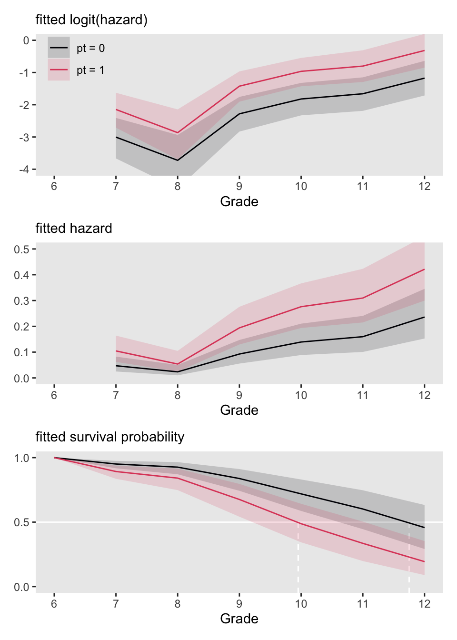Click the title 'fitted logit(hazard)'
pos(91,20)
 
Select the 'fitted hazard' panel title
pos(74,229)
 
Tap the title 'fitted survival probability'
pos(110,437)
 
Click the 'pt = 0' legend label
pos(90,48)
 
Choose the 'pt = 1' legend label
pos(90,70)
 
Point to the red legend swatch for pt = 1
pos(59,70)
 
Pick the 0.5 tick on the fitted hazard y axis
pos(21,249)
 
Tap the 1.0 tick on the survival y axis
pos(21,458)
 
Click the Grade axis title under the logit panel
pos(239,202)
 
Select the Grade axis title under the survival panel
pos(239,619)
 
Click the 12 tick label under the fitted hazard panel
pos(424,395)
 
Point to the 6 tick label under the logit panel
pos(54,187)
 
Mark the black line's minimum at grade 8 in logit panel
pos(178,160)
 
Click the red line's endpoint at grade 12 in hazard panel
pos(424,270)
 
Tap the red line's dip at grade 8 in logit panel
pos(178,133)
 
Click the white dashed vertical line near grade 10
pos(298,557)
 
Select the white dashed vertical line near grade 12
pos(409,557)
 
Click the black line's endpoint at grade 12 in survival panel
pos(424,528)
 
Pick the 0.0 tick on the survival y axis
pos(21,587)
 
